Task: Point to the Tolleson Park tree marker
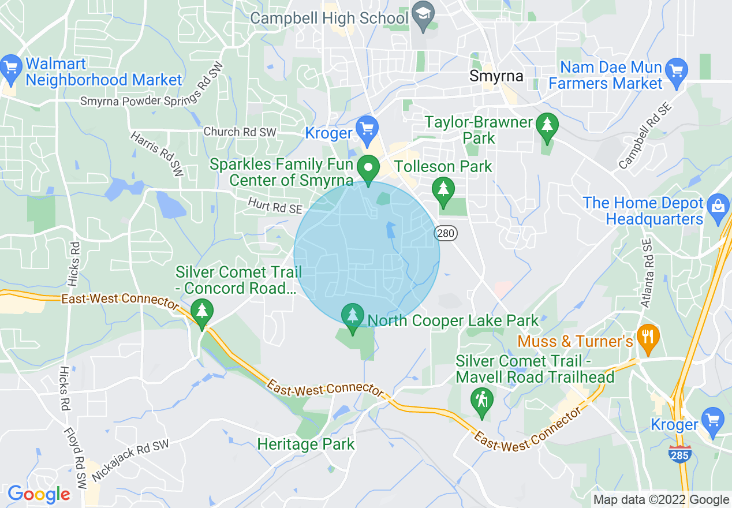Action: click(443, 189)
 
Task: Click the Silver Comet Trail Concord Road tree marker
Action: click(201, 311)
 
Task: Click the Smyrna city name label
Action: click(496, 76)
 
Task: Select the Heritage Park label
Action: click(306, 444)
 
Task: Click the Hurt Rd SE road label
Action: click(275, 204)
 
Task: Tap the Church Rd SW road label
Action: click(240, 132)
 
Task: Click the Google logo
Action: click(39, 494)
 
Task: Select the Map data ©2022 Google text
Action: click(662, 500)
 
